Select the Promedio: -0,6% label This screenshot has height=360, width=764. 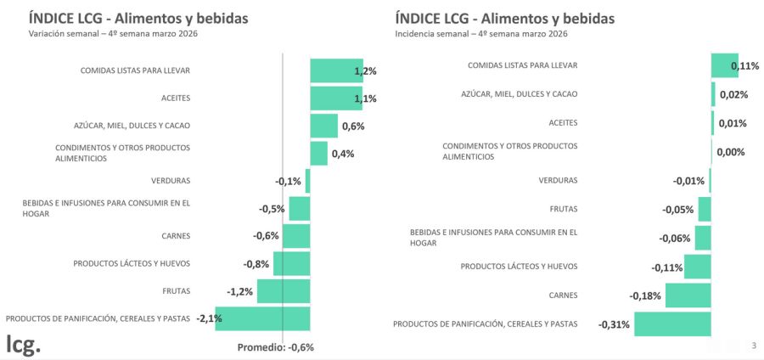pyautogui.click(x=275, y=346)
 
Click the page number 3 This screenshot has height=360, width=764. pyautogui.click(x=754, y=345)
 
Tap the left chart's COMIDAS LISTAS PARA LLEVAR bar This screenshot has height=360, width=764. pyautogui.click(x=335, y=70)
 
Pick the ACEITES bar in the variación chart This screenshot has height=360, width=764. pyautogui.click(x=335, y=98)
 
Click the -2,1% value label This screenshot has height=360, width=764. pyautogui.click(x=209, y=318)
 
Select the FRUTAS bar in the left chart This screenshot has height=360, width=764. pyautogui.click(x=284, y=291)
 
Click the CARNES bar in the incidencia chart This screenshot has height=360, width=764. pyautogui.click(x=688, y=295)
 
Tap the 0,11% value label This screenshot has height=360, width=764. pyautogui.click(x=744, y=66)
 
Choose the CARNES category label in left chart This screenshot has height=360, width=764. pyautogui.click(x=176, y=236)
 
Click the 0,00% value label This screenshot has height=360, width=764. pyautogui.click(x=731, y=152)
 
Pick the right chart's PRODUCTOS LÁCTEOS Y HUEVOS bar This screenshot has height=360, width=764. pyautogui.click(x=697, y=267)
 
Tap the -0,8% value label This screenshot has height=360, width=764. pyautogui.click(x=256, y=264)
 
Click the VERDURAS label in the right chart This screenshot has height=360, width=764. pyautogui.click(x=558, y=180)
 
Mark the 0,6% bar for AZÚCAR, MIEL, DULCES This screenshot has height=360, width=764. pyautogui.click(x=323, y=126)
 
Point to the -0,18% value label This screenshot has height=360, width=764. pyautogui.click(x=644, y=295)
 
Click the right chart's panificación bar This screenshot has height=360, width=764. pyautogui.click(x=672, y=324)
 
